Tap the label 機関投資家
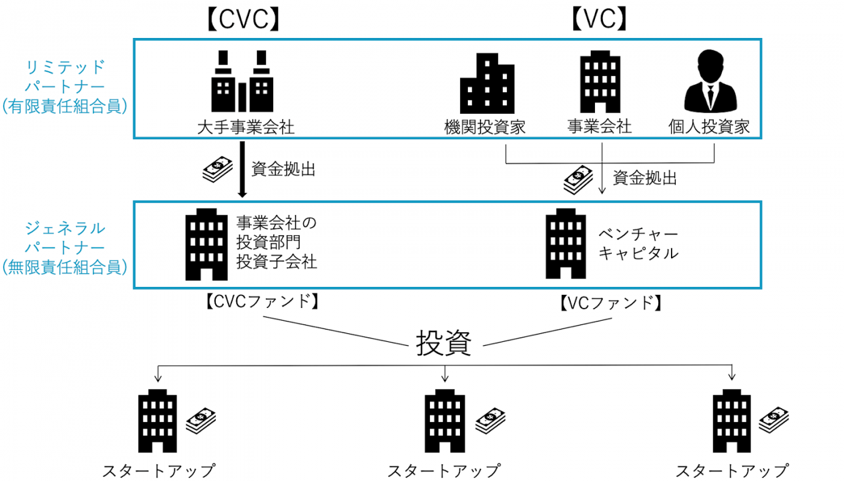click(x=485, y=127)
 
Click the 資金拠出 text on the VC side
click(x=644, y=178)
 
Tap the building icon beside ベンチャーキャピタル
click(x=565, y=244)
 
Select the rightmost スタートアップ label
click(x=731, y=471)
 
